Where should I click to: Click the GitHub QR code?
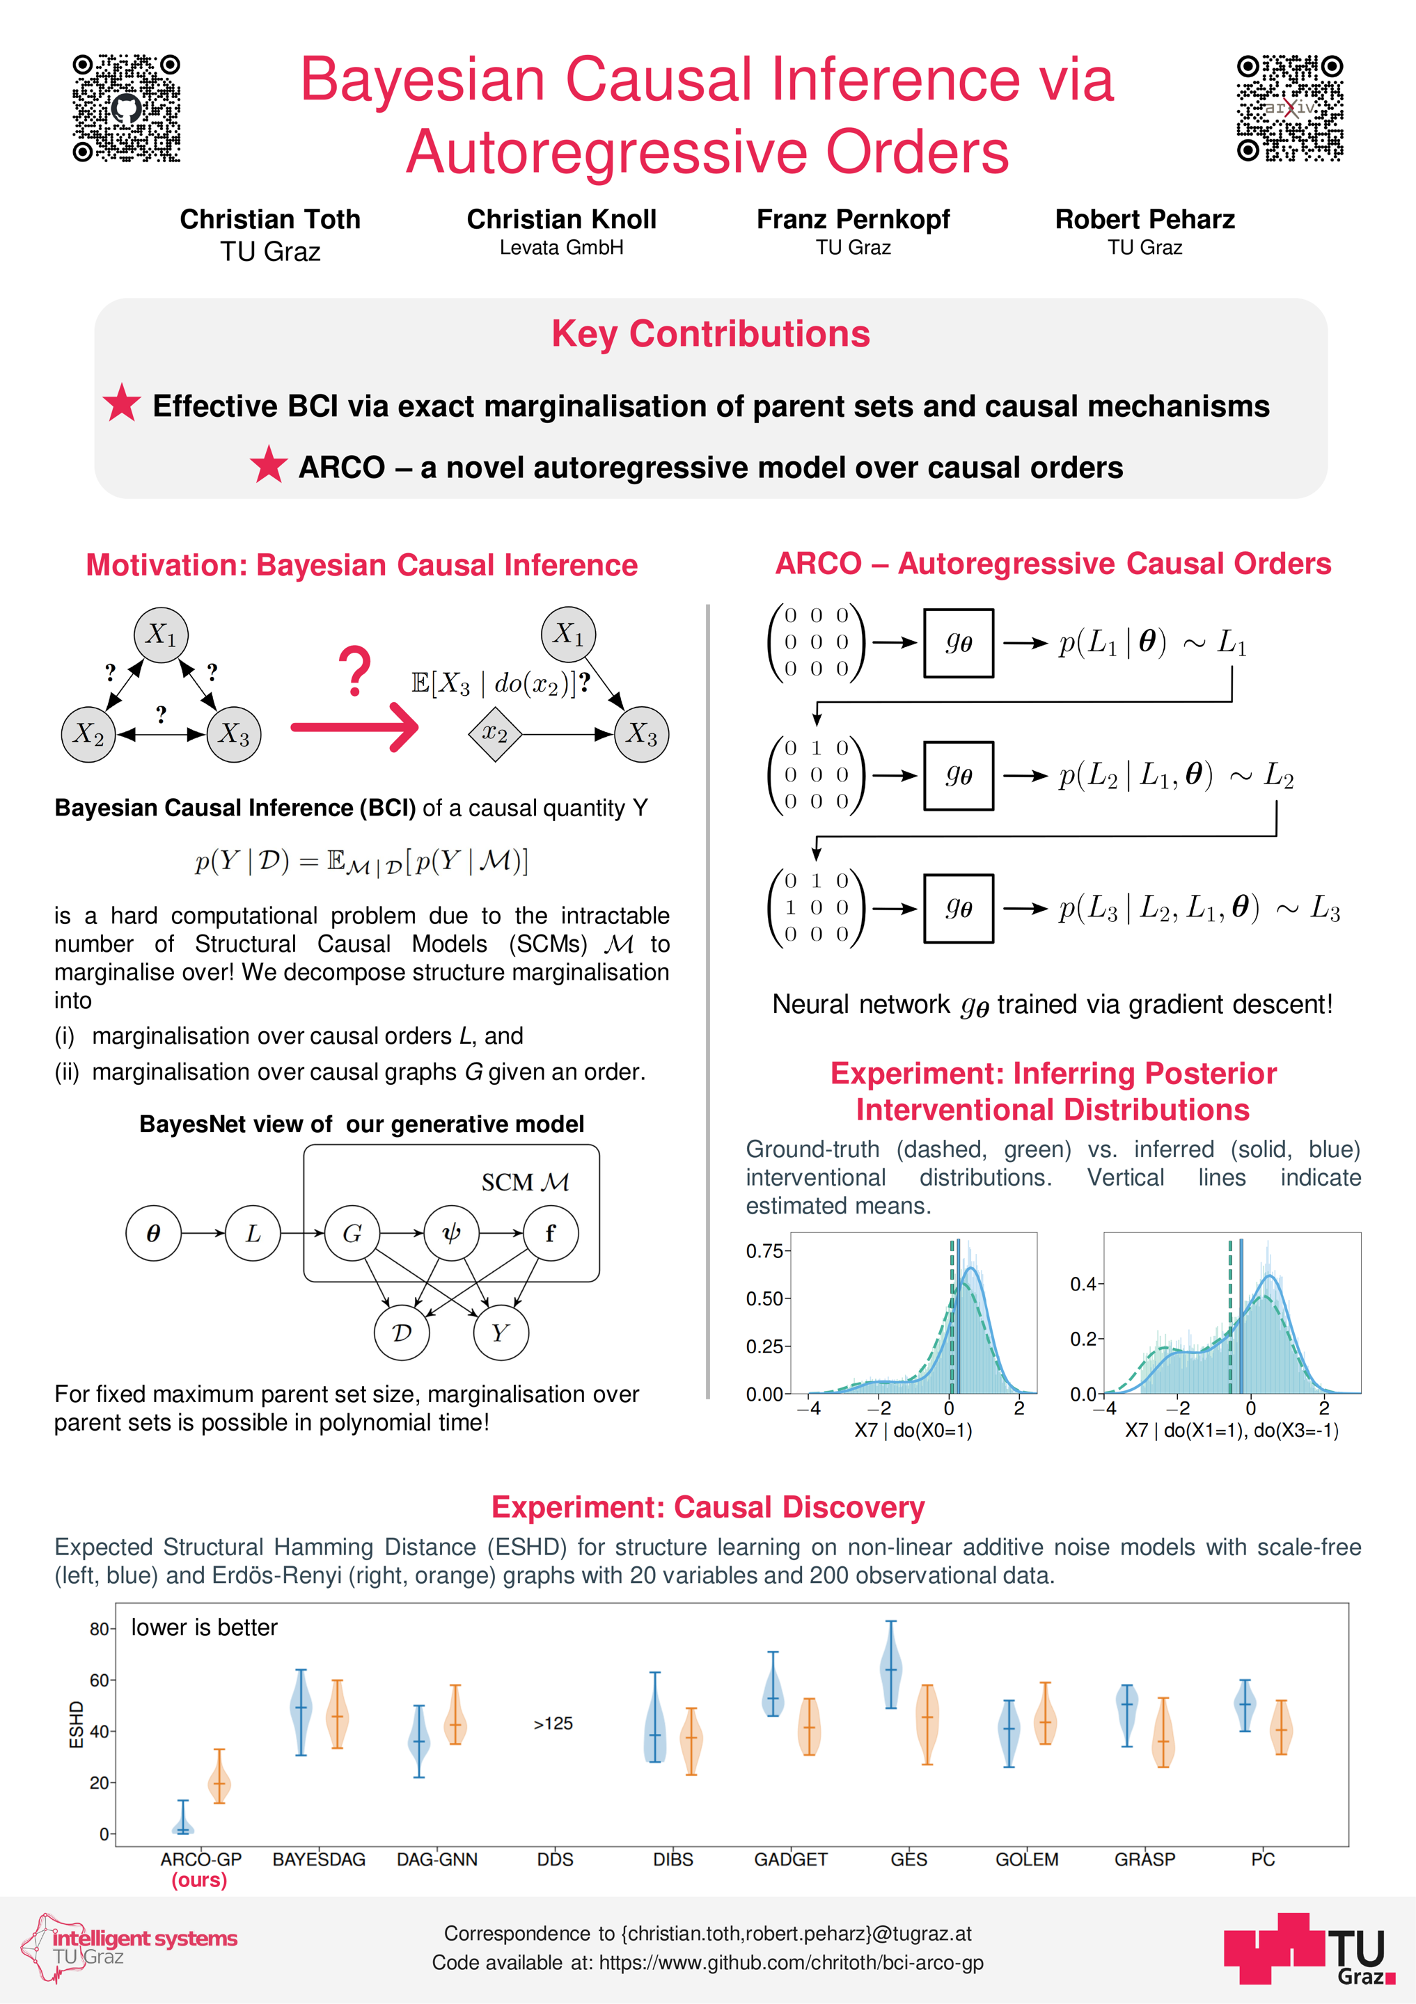pyautogui.click(x=127, y=109)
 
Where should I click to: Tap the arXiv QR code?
pyautogui.click(x=1289, y=109)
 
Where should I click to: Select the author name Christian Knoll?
pyautogui.click(x=561, y=219)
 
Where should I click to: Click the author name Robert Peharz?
pyautogui.click(x=1144, y=219)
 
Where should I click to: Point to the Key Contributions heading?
pyautogui.click(x=711, y=334)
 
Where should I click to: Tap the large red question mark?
pyautogui.click(x=354, y=671)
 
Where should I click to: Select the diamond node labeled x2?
pyautogui.click(x=495, y=734)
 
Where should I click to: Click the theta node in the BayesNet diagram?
pyautogui.click(x=154, y=1233)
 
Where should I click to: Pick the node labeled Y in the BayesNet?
pyautogui.click(x=501, y=1332)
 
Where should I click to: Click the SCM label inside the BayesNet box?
pyautogui.click(x=525, y=1183)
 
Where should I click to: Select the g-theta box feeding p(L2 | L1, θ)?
pyautogui.click(x=958, y=776)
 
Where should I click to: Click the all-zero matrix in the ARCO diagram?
pyautogui.click(x=815, y=642)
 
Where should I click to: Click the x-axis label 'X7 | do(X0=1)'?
pyautogui.click(x=913, y=1431)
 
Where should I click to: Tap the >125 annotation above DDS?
pyautogui.click(x=553, y=1723)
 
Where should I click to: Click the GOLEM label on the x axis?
pyautogui.click(x=1027, y=1859)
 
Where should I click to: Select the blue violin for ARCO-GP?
pyautogui.click(x=182, y=1819)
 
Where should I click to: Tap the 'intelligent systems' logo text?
pyautogui.click(x=145, y=1939)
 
